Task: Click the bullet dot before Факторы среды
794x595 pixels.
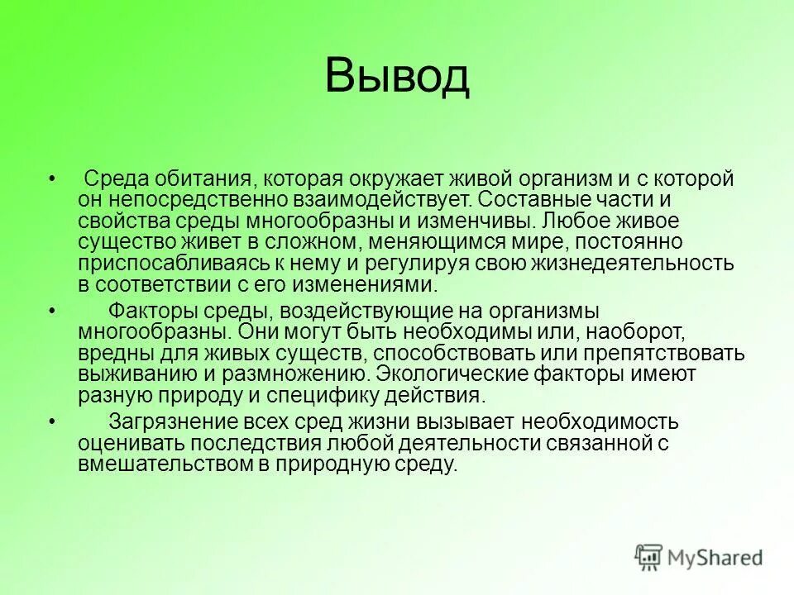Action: click(x=53, y=312)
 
